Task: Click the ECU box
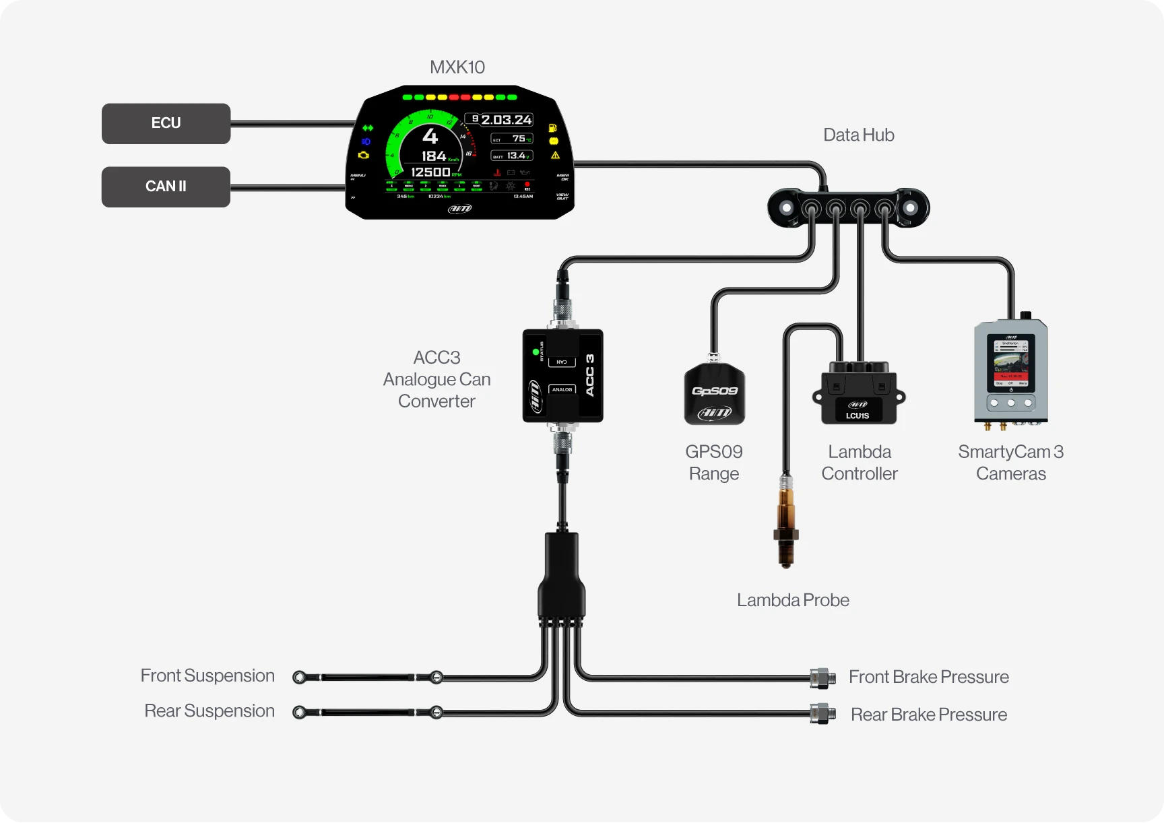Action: [x=166, y=123]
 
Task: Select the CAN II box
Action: [x=166, y=187]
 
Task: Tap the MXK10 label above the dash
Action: [x=457, y=67]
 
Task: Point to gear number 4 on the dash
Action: [x=430, y=137]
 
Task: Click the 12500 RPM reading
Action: [x=431, y=172]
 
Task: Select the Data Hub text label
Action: [x=858, y=135]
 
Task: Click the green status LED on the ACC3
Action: [x=536, y=352]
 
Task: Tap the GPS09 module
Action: [x=714, y=395]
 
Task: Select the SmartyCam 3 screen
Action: [x=1010, y=364]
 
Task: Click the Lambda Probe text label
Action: [x=793, y=600]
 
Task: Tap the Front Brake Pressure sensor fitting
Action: [x=822, y=678]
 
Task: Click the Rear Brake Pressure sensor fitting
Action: [x=822, y=713]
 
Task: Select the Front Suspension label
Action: [x=207, y=676]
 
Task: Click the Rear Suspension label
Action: [x=209, y=711]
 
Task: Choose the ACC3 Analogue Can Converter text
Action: [x=437, y=379]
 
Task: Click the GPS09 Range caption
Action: [x=714, y=463]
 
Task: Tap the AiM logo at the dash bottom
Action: [x=460, y=209]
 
